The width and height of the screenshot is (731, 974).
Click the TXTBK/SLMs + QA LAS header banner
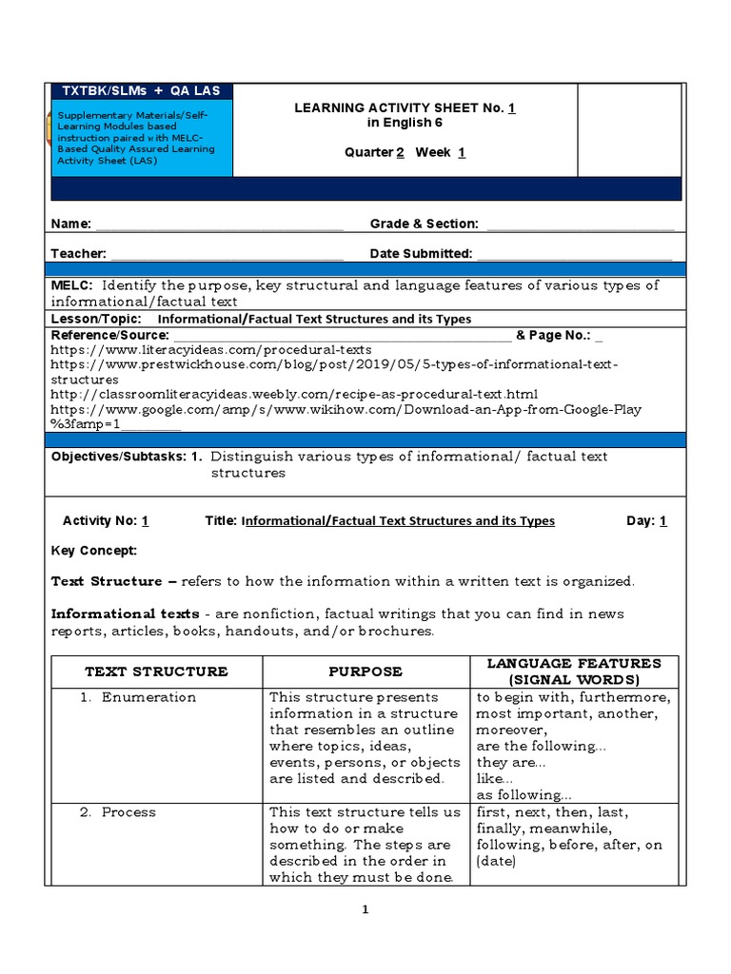[x=140, y=91]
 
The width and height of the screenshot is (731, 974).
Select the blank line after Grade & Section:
[x=580, y=226]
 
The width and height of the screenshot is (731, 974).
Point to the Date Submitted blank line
[x=574, y=256]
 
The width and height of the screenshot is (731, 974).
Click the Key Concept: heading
[x=93, y=551]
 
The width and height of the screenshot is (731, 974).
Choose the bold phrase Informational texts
[x=125, y=614]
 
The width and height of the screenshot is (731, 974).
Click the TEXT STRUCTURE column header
[x=156, y=672]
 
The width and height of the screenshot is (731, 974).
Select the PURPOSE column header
[x=365, y=672]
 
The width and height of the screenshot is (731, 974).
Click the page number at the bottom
[x=365, y=910]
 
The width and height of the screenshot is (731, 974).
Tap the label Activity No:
[x=98, y=521]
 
